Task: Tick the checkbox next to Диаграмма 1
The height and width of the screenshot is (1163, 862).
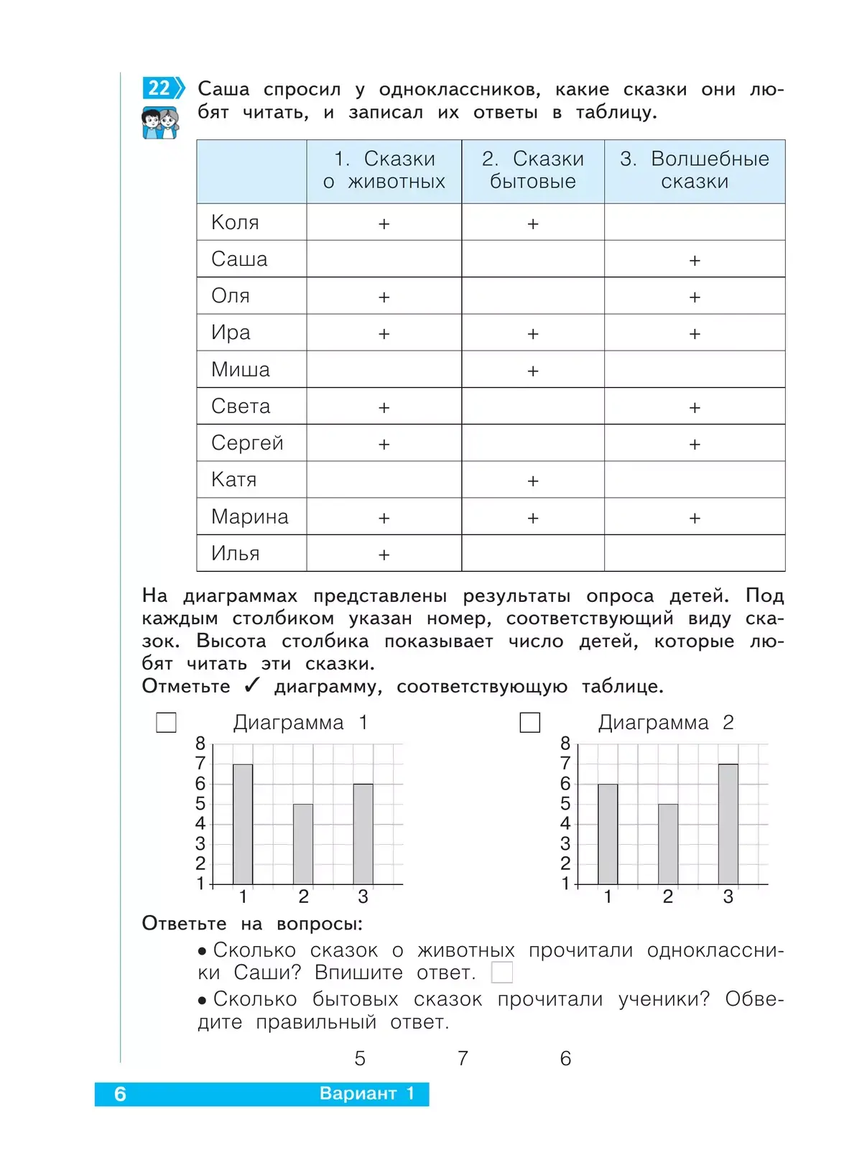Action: point(166,722)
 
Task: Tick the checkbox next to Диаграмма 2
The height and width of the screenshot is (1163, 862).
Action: point(529,722)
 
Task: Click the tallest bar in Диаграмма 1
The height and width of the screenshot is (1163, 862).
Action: point(243,824)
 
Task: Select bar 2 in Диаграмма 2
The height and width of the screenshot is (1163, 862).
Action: point(668,844)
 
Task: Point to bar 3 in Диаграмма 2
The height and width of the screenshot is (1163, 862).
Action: point(728,824)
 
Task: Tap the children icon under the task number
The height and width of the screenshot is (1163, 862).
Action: point(160,123)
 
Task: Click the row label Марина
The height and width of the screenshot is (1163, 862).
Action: point(249,516)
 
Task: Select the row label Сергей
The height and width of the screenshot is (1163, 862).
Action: point(247,443)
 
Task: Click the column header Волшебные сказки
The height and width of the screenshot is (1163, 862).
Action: point(695,170)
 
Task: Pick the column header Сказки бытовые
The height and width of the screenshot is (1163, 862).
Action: point(532,170)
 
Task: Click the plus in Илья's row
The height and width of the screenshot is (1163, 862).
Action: point(384,555)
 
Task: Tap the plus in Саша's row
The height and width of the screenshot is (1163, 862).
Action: point(695,260)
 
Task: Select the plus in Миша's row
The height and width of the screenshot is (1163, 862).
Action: point(533,371)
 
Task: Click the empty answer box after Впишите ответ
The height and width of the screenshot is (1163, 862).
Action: point(502,973)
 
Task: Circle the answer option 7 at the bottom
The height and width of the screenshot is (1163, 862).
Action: point(463,1058)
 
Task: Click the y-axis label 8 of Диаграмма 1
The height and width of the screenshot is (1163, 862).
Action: point(200,743)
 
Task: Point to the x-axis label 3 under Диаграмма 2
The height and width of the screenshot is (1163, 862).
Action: point(728,897)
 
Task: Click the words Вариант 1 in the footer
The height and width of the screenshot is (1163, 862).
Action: point(367,1093)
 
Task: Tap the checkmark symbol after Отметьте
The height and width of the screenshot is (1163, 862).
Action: point(251,686)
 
